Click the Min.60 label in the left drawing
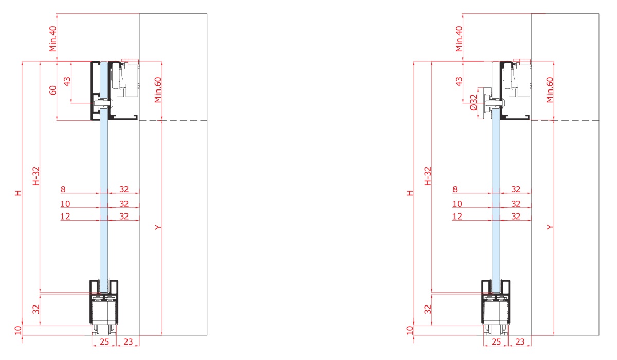158,90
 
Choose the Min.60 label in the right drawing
549,90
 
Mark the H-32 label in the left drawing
36,176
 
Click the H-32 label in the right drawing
427,176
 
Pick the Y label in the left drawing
158,227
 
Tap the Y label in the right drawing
549,227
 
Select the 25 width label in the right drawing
496,341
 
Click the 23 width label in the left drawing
129,341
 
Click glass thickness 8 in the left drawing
63,189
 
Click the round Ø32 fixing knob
484,106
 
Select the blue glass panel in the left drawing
104,195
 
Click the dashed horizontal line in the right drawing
576,121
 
